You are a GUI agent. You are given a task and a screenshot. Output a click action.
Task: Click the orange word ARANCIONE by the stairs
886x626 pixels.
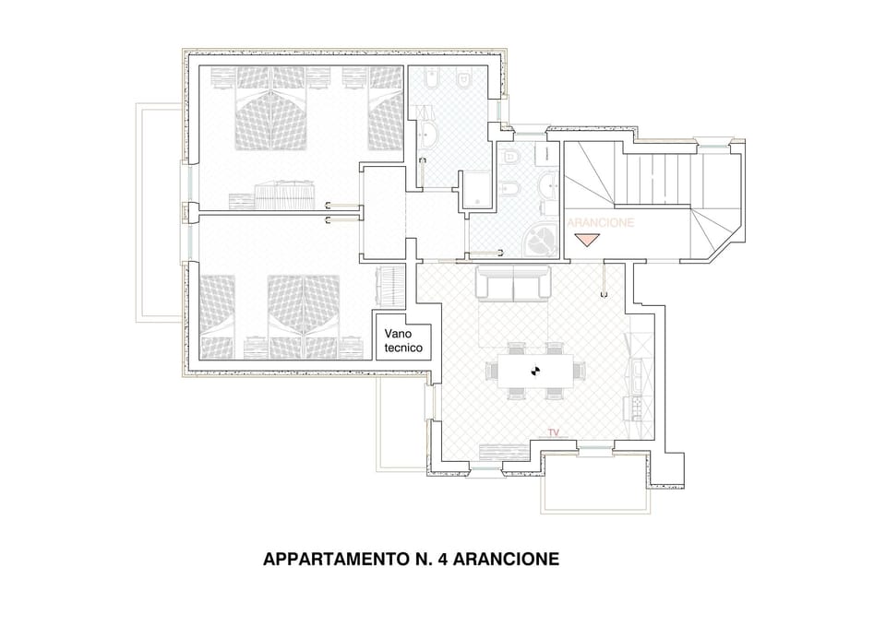pyautogui.click(x=600, y=223)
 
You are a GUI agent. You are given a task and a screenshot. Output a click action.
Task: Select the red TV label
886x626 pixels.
pyautogui.click(x=554, y=431)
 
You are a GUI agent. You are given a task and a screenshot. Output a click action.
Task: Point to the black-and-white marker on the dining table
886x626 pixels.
pyautogui.click(x=533, y=371)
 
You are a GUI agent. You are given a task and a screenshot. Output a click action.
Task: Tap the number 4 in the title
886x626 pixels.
pyautogui.click(x=439, y=560)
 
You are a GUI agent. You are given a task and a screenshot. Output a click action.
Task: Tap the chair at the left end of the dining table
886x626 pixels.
pyautogui.click(x=492, y=372)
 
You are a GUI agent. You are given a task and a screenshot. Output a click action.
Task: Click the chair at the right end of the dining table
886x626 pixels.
pyautogui.click(x=579, y=371)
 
